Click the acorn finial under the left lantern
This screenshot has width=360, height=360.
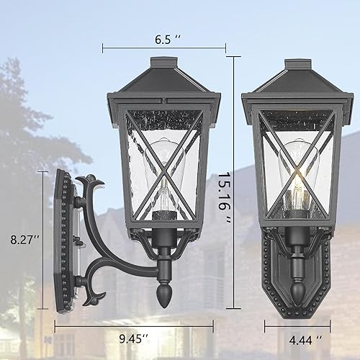(x=163, y=295)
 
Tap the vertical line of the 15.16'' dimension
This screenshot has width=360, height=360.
(x=233, y=180)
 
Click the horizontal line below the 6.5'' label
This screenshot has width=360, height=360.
(x=164, y=49)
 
